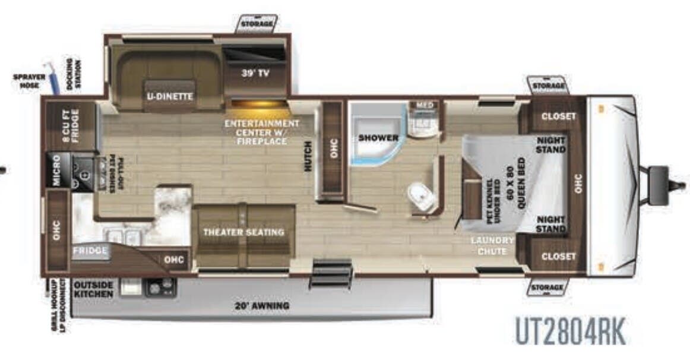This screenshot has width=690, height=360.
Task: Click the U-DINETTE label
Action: [170, 96]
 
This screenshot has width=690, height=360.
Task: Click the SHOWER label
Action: [378, 138]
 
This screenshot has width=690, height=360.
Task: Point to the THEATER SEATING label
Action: [244, 232]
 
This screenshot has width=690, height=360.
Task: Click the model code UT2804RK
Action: [569, 332]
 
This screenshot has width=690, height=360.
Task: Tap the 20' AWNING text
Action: [261, 306]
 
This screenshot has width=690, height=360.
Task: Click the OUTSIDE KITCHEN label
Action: [94, 289]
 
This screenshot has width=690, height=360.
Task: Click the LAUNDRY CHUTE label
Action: [492, 245]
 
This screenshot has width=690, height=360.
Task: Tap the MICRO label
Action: [56, 170]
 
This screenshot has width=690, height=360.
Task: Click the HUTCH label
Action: [308, 156]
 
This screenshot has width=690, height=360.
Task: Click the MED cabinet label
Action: [425, 105]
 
